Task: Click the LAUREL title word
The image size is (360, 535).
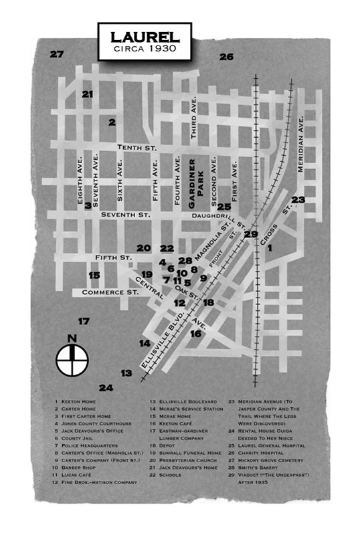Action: [x=145, y=37]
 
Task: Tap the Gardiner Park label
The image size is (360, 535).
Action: [x=196, y=183]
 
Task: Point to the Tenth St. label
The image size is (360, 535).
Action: [x=137, y=147]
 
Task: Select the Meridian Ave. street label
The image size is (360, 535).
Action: [x=300, y=144]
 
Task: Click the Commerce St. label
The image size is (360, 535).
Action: [x=110, y=292]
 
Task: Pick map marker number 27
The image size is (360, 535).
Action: [x=57, y=54]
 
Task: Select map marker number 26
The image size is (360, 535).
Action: [x=226, y=57]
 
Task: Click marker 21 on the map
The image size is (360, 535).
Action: [x=87, y=94]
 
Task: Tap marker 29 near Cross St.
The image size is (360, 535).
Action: [x=251, y=234]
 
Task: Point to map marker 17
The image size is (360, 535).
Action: [x=84, y=322]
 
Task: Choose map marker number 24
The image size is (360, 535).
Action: [x=106, y=388]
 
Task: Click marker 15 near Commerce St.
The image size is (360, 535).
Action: [x=94, y=275]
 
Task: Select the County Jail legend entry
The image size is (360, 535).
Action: [x=74, y=438]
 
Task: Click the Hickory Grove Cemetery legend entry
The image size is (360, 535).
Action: [x=266, y=460]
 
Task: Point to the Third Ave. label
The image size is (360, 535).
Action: [x=193, y=118]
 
